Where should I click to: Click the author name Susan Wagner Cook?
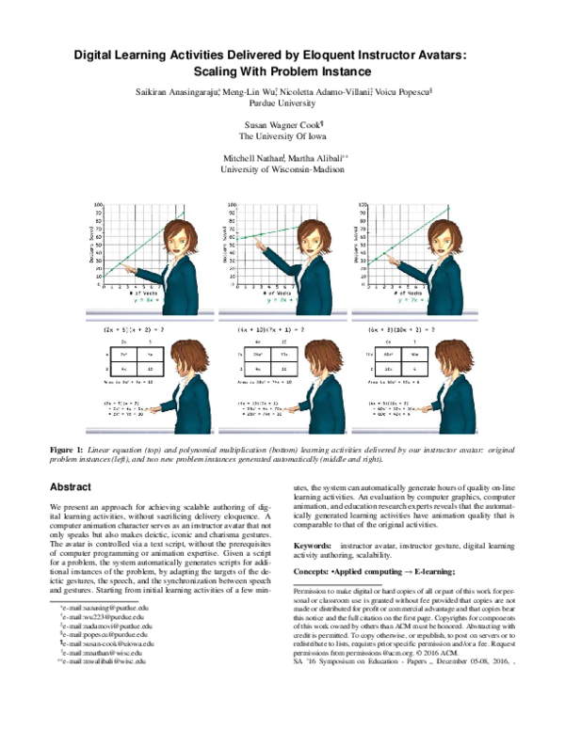tap(281, 123)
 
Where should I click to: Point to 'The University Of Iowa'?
tap(282, 135)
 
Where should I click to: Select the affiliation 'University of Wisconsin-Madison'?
tap(282, 169)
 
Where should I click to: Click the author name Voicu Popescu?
tap(404, 91)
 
